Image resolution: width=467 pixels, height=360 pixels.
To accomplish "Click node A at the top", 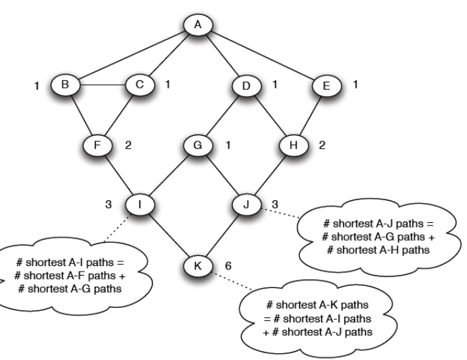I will click(x=198, y=25).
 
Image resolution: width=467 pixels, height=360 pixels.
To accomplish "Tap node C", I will click(x=139, y=87).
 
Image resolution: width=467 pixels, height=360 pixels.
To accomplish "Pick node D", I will click(x=244, y=87).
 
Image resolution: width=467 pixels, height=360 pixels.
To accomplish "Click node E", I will click(x=326, y=87).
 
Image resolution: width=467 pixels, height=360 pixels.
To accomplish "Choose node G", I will click(x=197, y=145).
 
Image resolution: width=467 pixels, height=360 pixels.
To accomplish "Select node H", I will click(x=296, y=145).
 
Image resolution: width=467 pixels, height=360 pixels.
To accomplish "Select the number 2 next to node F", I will click(x=128, y=145).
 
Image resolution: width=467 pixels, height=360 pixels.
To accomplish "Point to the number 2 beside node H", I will click(x=322, y=145).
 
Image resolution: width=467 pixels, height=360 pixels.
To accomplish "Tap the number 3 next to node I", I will click(x=107, y=204).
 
